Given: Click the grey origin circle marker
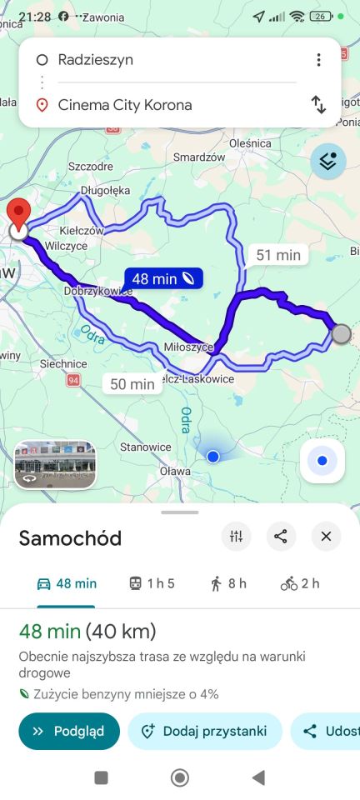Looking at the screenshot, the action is point(341,334).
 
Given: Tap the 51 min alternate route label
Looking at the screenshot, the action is point(277,255).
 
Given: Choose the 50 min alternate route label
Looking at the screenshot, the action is point(132,383).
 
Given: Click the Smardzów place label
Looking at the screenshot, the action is point(200,157).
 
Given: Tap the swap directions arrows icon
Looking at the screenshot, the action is point(318,105).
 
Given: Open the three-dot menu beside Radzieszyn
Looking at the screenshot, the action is point(318,60).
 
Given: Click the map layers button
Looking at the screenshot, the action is point(328,162).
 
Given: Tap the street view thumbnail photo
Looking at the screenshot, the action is point(55,464).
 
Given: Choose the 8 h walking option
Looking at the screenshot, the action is point(228,583).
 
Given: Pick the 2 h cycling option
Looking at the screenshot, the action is point(300,583).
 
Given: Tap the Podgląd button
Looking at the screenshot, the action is point(69,732).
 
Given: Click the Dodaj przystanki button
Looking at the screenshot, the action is point(204,732).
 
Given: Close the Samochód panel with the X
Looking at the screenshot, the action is point(326,537).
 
